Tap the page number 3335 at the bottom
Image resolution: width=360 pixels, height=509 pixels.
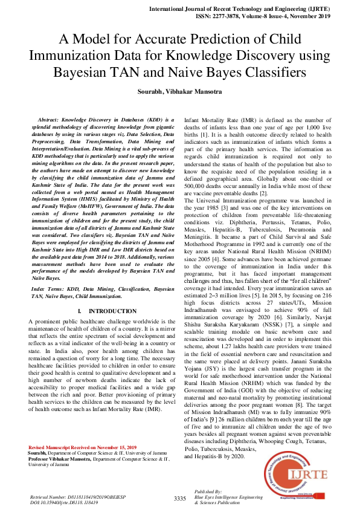pyautogui.click(x=180, y=498)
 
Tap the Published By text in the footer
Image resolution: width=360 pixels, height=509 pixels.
pyautogui.click(x=208, y=491)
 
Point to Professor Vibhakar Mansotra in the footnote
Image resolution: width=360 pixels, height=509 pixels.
pyautogui.click(x=59, y=458)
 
